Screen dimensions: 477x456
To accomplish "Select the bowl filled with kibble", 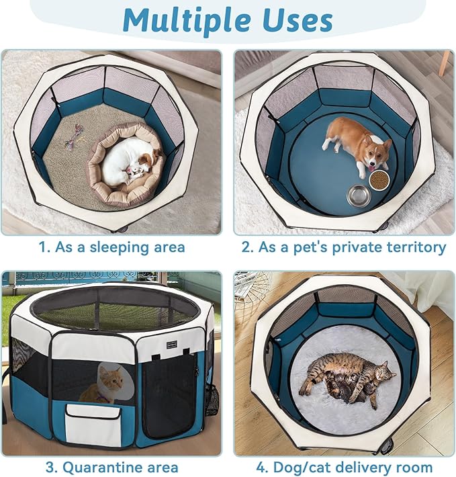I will click(x=379, y=179).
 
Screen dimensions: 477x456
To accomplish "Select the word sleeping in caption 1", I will click(x=120, y=247).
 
